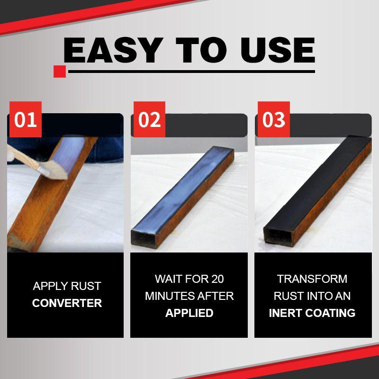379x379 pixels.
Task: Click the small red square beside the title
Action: (59, 72)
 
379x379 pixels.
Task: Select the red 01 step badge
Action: (26, 120)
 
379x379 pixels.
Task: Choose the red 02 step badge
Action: (149, 120)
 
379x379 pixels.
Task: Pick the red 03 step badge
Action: (273, 120)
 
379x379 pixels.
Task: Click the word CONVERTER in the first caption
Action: (67, 303)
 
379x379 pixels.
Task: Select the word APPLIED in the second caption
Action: (189, 313)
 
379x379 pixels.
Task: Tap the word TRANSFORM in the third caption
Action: (312, 279)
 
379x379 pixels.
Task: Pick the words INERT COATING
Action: (312, 313)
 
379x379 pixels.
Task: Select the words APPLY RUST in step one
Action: (67, 286)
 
